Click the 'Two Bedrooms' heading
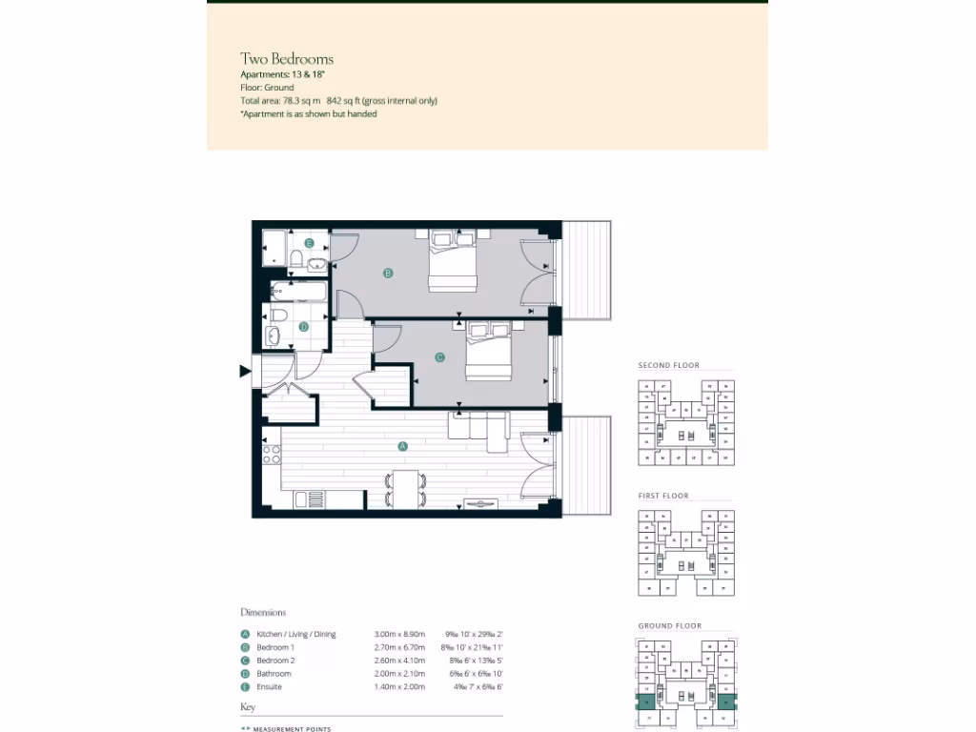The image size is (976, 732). coord(286,59)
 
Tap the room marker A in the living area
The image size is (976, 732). coord(401,446)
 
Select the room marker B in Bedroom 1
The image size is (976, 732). coord(387,274)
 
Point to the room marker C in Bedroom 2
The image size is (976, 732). coord(439,358)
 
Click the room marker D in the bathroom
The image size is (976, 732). coord(304,327)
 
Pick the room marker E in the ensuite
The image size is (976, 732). coord(309,243)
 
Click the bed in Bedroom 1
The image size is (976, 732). coord(452,261)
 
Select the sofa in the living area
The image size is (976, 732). coord(479,430)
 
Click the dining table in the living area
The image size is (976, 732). coord(406,489)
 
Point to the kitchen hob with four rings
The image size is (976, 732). coord(271,455)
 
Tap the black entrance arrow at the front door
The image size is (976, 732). coord(245,372)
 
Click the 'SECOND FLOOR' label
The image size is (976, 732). coord(668,365)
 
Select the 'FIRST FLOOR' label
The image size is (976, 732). coord(663,496)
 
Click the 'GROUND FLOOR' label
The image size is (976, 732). coord(669,626)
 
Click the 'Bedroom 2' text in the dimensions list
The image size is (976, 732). coord(275,661)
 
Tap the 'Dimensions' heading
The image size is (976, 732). coord(263,612)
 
